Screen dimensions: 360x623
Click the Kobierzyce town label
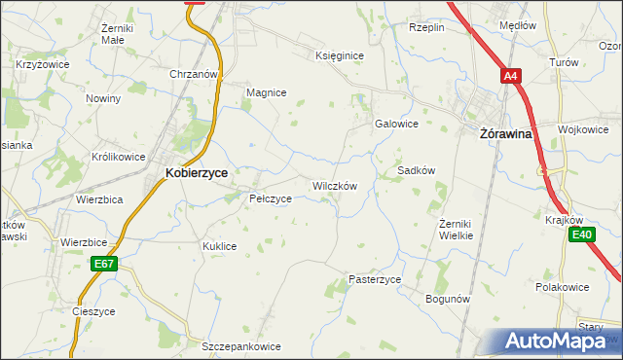click(x=197, y=172)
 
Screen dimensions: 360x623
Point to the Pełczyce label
click(x=271, y=198)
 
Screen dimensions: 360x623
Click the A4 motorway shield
click(x=512, y=75)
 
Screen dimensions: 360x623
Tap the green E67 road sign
click(x=105, y=264)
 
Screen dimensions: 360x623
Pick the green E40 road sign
click(x=582, y=234)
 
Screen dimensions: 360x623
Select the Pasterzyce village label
click(x=375, y=279)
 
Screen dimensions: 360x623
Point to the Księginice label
click(x=340, y=55)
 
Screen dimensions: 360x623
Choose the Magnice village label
click(x=266, y=92)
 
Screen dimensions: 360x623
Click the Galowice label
click(x=396, y=124)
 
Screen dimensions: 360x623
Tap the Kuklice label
click(x=219, y=246)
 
